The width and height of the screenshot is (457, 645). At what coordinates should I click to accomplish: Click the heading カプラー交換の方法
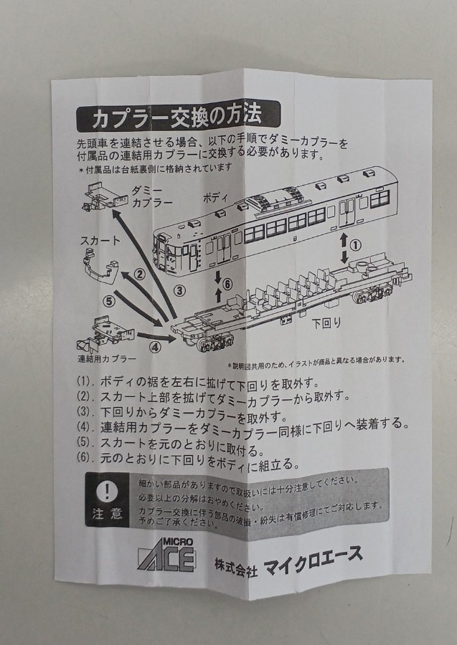click(177, 117)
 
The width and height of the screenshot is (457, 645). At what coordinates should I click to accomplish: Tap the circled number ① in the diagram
click(355, 245)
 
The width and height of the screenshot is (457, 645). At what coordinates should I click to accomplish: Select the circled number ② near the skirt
click(141, 274)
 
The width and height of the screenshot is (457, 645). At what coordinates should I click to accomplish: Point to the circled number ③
click(179, 291)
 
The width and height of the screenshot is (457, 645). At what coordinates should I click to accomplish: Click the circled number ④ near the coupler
click(155, 348)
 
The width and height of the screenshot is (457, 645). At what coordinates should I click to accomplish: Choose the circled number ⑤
click(109, 302)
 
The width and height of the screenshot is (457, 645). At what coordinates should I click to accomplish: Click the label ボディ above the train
click(215, 198)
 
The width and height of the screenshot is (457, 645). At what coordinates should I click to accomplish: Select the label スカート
click(100, 241)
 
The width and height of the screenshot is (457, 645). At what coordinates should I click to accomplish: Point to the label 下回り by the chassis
click(326, 324)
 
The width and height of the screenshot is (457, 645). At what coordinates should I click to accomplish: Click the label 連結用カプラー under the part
click(107, 359)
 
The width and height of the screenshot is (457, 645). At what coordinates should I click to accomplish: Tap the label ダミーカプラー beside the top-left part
click(152, 196)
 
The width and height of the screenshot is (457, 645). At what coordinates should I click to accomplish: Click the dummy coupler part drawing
click(106, 197)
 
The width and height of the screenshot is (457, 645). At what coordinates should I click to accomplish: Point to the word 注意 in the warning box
click(108, 513)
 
